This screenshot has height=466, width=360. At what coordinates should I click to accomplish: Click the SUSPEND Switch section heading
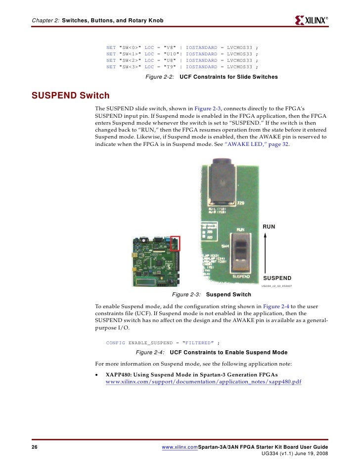70,95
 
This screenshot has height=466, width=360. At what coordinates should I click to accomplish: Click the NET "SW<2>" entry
124,60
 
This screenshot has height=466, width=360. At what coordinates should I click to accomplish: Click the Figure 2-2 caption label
159,77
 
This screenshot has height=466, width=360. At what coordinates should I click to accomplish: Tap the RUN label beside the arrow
269,227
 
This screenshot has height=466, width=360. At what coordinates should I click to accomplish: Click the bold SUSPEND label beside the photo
277,278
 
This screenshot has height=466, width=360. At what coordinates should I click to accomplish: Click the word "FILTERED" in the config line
198,343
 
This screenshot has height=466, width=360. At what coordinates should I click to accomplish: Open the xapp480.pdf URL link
204,383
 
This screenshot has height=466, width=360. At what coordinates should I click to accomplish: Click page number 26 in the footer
35,447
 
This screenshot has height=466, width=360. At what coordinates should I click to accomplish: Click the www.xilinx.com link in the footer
180,447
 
